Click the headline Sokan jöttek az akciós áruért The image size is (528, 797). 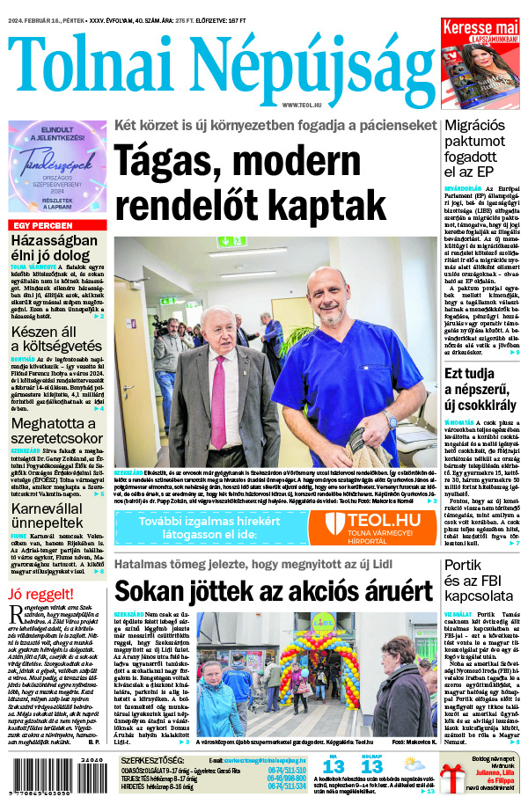coord(274,590)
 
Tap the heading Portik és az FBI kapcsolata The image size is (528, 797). coord(481,583)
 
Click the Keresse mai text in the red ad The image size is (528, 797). coord(480,30)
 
